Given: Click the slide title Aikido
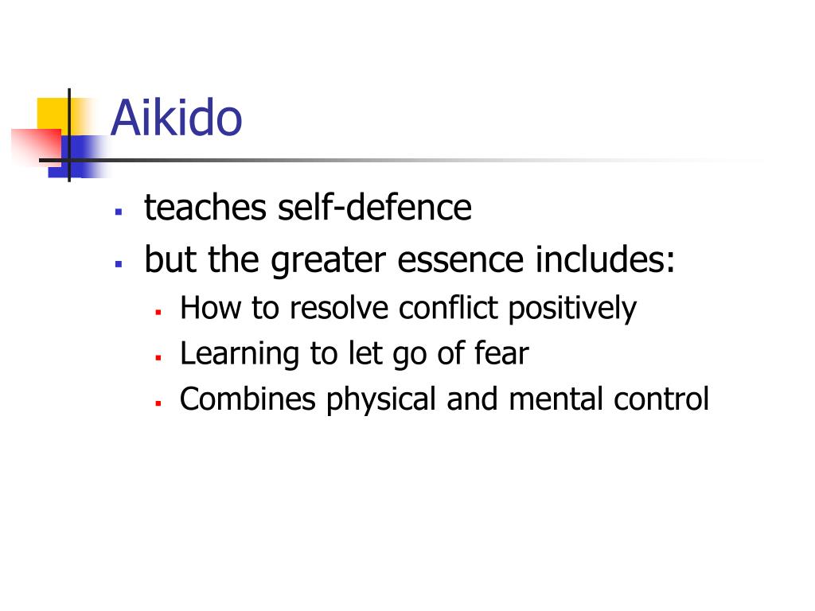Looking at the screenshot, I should tap(176, 119).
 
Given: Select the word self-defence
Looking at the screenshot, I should tap(374, 208).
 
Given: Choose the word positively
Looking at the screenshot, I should tap(572, 309).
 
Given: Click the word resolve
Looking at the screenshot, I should tap(341, 308).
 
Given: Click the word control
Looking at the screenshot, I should tap(661, 399).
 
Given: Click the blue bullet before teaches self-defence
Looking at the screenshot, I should tap(118, 212).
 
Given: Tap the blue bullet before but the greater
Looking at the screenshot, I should tap(118, 263).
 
